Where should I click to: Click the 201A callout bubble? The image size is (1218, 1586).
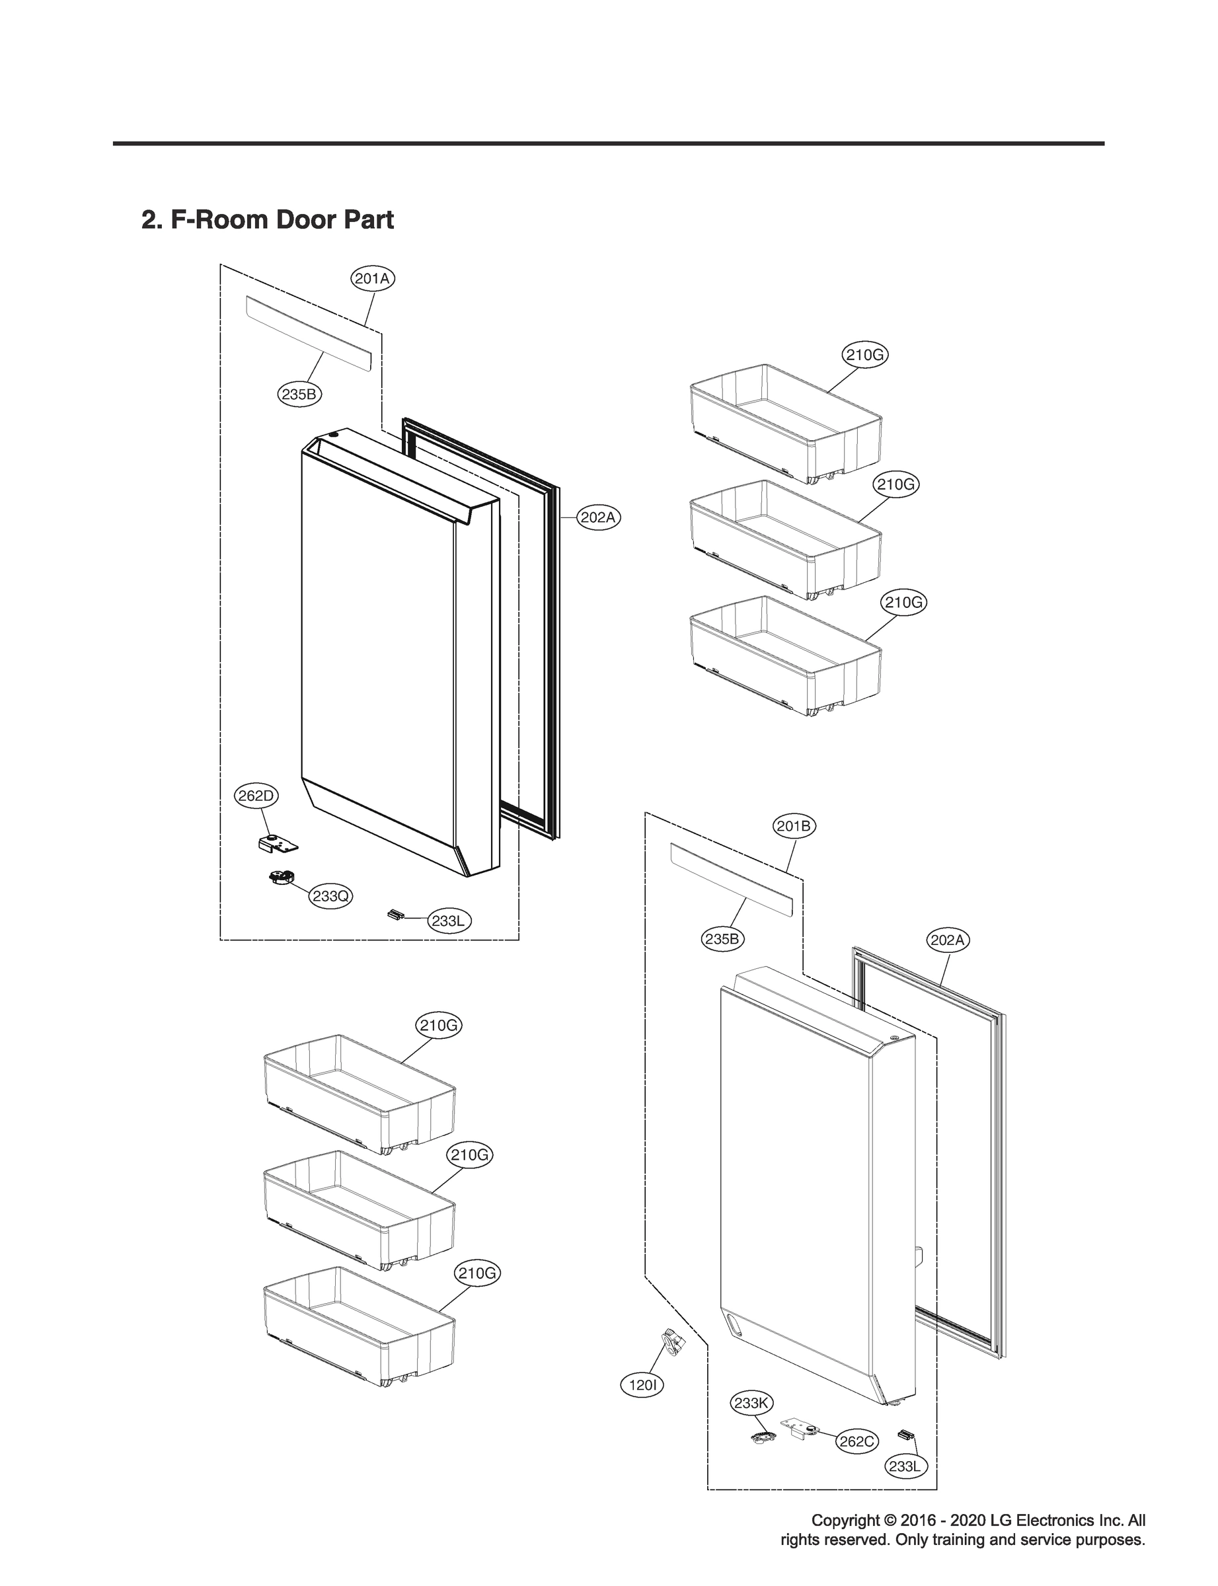point(373,278)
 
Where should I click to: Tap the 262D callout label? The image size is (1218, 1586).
point(257,796)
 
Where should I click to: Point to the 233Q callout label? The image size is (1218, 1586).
point(330,897)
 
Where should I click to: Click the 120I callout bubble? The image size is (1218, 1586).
point(642,1386)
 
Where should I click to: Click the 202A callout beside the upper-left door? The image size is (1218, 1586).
point(599,517)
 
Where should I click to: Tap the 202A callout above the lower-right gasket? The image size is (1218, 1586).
point(948,940)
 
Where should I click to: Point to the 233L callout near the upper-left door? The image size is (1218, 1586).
point(447,921)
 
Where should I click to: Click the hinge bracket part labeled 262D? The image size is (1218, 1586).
point(278,843)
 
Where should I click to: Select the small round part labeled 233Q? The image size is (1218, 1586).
point(280,878)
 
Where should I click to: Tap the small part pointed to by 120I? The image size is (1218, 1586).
point(674,1343)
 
